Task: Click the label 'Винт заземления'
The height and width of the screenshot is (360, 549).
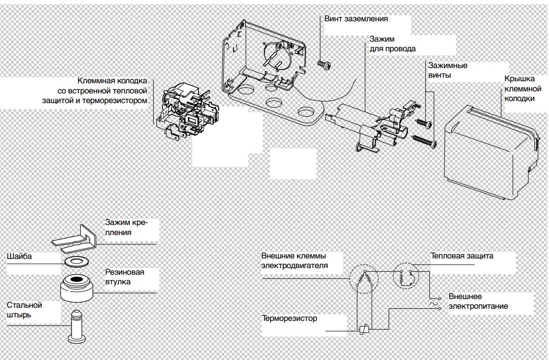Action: click(x=356, y=19)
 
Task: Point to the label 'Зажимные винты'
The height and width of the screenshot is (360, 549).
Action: click(x=448, y=70)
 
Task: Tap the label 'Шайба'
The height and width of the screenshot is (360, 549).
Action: click(x=19, y=256)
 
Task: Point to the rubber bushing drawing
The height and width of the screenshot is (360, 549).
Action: click(x=77, y=287)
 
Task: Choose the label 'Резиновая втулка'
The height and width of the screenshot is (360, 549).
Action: click(x=124, y=277)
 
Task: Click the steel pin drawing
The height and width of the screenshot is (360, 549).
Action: click(x=76, y=327)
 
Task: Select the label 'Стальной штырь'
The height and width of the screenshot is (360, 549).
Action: click(x=24, y=310)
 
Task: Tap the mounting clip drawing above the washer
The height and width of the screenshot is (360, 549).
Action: click(x=76, y=240)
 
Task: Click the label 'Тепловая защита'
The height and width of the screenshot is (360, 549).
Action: click(x=461, y=256)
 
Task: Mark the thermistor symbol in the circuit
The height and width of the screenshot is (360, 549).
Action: click(x=363, y=330)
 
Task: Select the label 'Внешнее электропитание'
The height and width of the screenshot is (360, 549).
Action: click(x=477, y=301)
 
